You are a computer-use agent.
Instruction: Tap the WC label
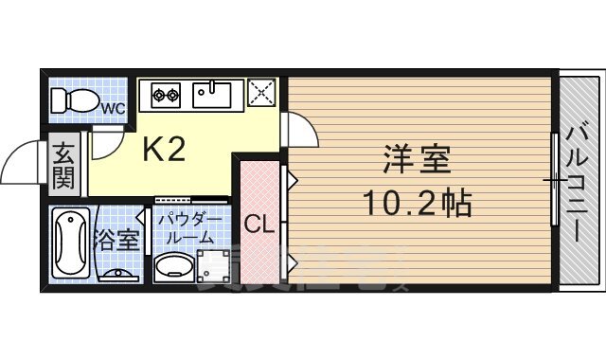(114, 108)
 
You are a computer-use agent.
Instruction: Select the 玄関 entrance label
(63, 164)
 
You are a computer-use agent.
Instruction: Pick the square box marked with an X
(261, 93)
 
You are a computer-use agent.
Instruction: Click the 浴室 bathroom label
(117, 239)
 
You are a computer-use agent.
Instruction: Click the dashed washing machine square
(215, 267)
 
